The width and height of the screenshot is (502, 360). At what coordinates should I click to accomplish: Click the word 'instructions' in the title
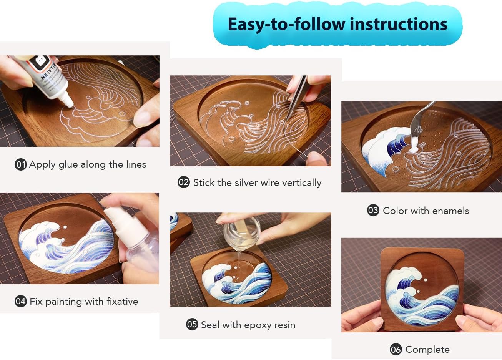399,24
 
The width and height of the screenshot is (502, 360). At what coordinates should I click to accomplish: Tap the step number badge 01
21,164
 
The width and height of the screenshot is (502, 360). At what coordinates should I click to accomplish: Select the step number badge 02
184,182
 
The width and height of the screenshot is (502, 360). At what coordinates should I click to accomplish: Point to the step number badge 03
373,211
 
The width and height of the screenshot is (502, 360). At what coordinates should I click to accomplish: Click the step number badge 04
21,301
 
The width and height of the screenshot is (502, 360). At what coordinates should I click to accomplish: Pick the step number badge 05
192,324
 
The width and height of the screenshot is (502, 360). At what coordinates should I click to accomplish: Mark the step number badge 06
396,349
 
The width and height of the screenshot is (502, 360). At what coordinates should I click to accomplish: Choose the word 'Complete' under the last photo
427,350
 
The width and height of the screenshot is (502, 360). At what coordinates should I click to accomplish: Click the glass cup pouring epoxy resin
243,232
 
